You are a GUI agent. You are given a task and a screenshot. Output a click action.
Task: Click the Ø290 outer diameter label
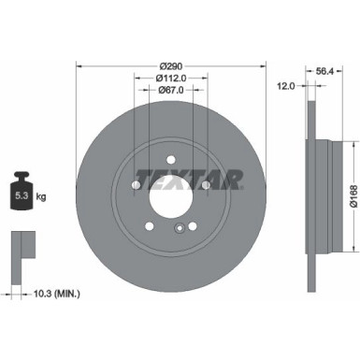tap(171, 65)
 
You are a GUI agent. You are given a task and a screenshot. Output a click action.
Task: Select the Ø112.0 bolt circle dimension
tap(171, 78)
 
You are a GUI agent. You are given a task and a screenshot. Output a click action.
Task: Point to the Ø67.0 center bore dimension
tap(171, 91)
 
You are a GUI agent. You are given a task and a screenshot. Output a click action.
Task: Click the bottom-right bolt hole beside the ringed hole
tap(193, 224)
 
